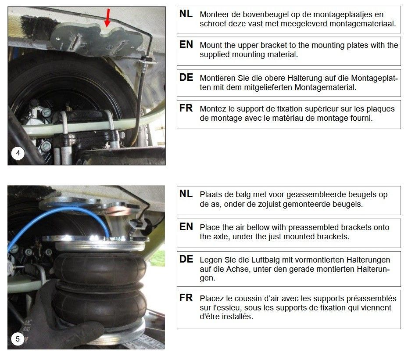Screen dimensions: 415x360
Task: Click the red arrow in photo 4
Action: coord(107,18)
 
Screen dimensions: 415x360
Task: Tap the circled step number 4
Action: coord(18,153)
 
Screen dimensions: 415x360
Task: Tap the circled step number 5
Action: coord(18,339)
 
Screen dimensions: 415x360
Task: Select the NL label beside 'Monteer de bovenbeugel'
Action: coord(186,14)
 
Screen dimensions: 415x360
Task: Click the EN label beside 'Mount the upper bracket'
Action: coord(186,44)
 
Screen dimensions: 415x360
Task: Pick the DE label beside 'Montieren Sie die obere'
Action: coord(186,77)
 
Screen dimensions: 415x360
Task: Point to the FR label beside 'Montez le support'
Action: coord(186,108)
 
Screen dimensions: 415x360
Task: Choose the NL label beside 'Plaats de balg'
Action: coord(186,194)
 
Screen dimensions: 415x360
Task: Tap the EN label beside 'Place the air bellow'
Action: coord(186,227)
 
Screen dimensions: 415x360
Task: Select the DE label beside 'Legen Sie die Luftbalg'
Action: coord(186,259)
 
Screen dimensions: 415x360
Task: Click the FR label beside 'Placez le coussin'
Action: coord(186,298)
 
